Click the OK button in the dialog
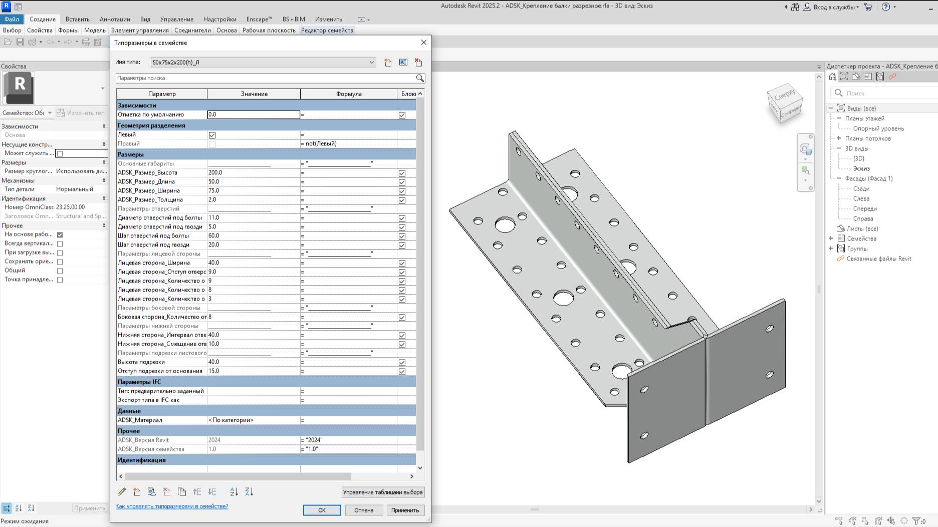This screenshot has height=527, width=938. (x=322, y=510)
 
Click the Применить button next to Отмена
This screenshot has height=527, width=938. (x=405, y=510)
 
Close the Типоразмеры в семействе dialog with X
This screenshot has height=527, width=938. (x=424, y=43)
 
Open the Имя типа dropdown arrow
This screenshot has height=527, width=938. (x=371, y=62)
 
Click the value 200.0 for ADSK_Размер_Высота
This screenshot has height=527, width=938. (x=253, y=172)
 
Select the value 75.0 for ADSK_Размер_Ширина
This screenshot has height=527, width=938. (x=253, y=190)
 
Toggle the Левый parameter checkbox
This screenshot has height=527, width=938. (x=212, y=135)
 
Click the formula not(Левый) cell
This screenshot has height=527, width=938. (x=348, y=143)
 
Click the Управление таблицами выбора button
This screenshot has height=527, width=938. (x=382, y=492)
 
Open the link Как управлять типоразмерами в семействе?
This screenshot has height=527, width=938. (x=171, y=506)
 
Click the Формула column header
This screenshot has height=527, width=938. (x=348, y=94)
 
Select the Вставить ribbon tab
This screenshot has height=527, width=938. (x=77, y=19)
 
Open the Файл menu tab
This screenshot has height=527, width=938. (x=12, y=19)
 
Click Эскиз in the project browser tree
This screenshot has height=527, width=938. (x=861, y=168)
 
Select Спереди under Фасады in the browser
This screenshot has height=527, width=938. (x=865, y=208)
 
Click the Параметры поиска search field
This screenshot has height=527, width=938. (x=266, y=78)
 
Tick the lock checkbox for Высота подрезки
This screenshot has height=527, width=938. (x=402, y=362)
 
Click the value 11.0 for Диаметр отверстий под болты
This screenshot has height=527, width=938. (x=253, y=217)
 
